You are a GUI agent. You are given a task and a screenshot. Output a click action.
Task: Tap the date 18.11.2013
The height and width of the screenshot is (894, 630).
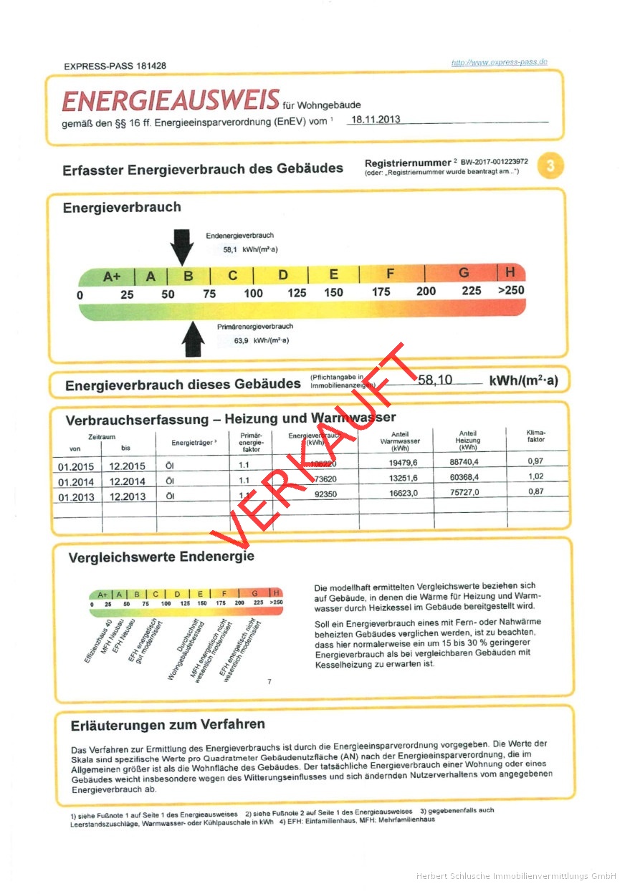coord(373,120)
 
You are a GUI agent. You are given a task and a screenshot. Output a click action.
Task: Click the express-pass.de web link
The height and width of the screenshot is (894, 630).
coord(499,62)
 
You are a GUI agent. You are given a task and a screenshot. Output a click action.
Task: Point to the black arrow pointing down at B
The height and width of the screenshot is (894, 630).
coord(182,246)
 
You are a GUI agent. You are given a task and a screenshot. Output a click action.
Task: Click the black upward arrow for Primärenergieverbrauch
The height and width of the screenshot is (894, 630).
coord(193,338)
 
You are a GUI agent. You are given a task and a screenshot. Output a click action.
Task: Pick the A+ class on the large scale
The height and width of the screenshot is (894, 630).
coord(112,276)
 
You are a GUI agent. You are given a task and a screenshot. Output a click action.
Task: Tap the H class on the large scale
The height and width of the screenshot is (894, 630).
coord(510,272)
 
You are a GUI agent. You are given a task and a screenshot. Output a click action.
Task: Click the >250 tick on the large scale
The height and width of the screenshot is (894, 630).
coord(510,291)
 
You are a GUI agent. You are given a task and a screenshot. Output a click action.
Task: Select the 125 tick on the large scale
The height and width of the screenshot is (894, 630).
coord(297,292)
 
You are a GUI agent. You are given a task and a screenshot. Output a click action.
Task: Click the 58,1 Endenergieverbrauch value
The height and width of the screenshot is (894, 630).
coord(230,250)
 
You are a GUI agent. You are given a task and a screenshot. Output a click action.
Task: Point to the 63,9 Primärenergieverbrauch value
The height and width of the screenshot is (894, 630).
coord(241,340)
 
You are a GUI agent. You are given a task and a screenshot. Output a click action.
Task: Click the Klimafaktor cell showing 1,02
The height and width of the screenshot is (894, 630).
coord(535,476)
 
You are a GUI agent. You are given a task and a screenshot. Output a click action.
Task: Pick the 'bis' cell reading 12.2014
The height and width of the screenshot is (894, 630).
coord(127,481)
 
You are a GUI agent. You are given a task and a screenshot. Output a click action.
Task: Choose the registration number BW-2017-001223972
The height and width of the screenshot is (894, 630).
coord(494,163)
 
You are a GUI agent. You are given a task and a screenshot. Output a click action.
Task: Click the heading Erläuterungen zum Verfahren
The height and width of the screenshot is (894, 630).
coord(168,724)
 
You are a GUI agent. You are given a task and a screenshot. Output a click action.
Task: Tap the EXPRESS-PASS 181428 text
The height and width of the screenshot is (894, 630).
coord(115,66)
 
